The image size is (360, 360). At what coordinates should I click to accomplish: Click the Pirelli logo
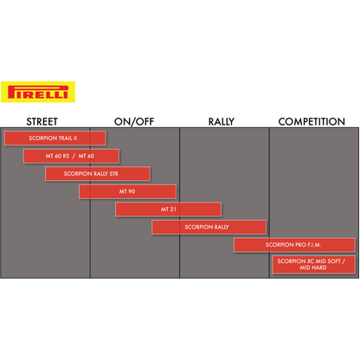point(38,92)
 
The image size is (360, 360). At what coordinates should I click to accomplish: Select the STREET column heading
point(42,122)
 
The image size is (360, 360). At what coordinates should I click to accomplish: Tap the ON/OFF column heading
point(134,122)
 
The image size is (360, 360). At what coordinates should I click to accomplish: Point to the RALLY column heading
point(222,122)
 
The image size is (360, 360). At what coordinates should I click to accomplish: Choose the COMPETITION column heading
point(312,122)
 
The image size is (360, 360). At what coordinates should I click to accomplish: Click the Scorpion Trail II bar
point(55,138)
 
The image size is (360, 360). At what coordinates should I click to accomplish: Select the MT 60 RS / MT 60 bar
point(71,156)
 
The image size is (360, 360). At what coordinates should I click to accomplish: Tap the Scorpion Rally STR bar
point(98,174)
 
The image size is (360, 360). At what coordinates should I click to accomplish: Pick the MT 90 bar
point(127,191)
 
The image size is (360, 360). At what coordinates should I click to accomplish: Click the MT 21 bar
point(168,209)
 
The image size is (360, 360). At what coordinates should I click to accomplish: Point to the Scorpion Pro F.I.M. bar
point(294,245)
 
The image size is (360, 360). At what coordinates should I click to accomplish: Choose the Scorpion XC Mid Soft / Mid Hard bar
point(313,265)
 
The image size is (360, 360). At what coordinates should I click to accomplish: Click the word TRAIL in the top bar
point(66,138)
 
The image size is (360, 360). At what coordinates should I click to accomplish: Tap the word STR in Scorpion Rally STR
point(113,174)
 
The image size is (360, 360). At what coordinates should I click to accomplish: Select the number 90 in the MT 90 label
point(132,191)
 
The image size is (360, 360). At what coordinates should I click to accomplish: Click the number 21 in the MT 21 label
point(173,209)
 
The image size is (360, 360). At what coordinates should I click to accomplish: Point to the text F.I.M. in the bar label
point(314,245)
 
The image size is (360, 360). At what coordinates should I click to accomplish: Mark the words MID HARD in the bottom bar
point(313,267)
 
